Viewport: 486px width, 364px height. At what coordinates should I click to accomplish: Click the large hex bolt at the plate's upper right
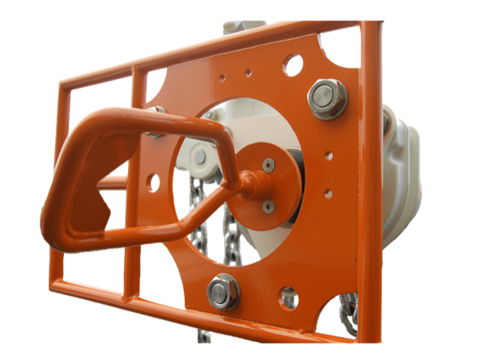327,98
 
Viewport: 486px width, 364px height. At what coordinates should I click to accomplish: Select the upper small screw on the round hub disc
269,165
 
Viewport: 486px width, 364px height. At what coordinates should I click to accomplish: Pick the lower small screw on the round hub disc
268,207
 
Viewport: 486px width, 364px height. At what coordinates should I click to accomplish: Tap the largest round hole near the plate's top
292,64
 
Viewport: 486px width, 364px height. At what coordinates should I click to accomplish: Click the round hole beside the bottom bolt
288,298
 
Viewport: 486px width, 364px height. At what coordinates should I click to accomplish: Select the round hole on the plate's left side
152,182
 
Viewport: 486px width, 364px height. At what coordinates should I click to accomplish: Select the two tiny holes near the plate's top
235,75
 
